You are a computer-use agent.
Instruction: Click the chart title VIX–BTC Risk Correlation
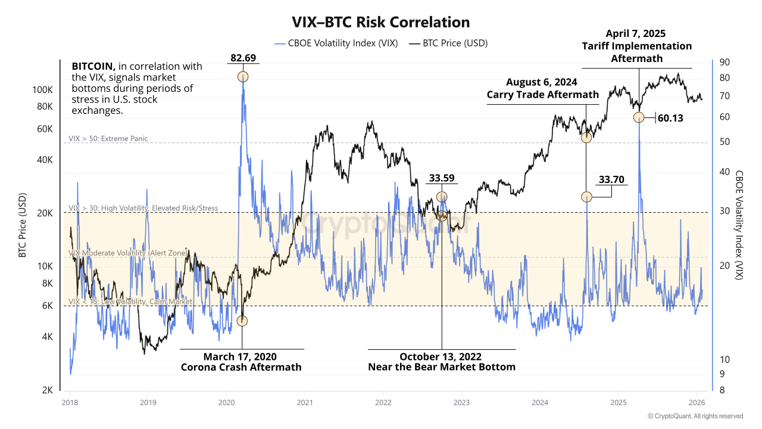(x=380, y=22)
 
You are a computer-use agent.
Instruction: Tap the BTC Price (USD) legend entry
(x=455, y=43)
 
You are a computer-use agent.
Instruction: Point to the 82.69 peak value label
(x=243, y=58)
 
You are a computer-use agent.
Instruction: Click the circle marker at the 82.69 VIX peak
(x=243, y=76)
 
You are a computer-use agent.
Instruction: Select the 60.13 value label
(x=670, y=118)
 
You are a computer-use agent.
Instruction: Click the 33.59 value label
(x=442, y=178)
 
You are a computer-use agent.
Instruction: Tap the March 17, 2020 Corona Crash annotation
(x=241, y=362)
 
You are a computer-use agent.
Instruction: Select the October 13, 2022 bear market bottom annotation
(x=441, y=362)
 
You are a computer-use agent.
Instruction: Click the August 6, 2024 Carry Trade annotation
(x=542, y=88)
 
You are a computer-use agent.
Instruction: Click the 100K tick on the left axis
(x=42, y=89)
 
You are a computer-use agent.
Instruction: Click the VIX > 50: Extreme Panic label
(x=108, y=139)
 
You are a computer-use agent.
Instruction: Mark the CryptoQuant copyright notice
(x=695, y=416)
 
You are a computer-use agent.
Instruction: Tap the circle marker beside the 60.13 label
(x=638, y=117)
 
